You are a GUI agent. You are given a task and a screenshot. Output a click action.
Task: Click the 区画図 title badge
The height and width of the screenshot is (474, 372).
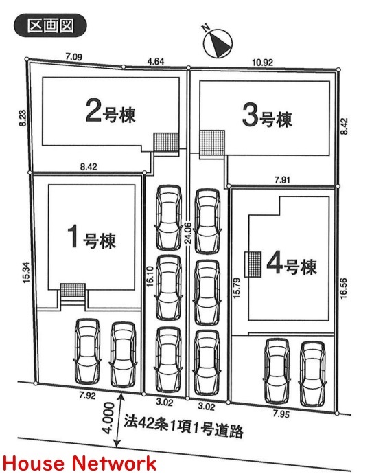pyautogui.click(x=50, y=25)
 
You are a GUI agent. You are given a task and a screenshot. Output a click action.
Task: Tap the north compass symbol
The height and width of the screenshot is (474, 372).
pyautogui.click(x=218, y=43)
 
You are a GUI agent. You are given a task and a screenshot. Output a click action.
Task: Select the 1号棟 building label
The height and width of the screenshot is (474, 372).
pyautogui.click(x=91, y=237)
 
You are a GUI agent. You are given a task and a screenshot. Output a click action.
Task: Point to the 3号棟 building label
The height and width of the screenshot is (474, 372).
pyautogui.click(x=268, y=116)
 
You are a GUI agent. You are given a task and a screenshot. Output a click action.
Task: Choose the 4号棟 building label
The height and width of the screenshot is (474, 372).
pyautogui.click(x=292, y=264)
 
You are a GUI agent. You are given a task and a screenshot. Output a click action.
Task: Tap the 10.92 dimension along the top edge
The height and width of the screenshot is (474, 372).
pyautogui.click(x=262, y=63)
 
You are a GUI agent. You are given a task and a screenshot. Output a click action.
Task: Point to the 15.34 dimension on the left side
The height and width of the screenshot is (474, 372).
pyautogui.click(x=26, y=272)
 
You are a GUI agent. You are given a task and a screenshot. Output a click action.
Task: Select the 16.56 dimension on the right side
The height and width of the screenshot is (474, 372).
pyautogui.click(x=344, y=289)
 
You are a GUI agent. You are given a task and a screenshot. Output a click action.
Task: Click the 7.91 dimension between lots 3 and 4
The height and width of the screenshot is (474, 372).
pyautogui.click(x=282, y=180)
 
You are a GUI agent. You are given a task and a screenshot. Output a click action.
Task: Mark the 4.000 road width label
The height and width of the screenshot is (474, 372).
pyautogui.click(x=108, y=417)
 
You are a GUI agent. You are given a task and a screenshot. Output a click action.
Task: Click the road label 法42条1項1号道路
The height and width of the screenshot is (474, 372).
pyautogui.click(x=183, y=427)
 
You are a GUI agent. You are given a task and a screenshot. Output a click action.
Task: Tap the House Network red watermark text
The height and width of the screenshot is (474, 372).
pyautogui.click(x=80, y=463)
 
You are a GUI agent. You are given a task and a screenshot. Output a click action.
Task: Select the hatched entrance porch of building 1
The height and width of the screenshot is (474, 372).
pyautogui.click(x=73, y=291)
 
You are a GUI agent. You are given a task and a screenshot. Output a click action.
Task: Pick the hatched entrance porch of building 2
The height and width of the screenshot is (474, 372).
pyautogui.click(x=166, y=142)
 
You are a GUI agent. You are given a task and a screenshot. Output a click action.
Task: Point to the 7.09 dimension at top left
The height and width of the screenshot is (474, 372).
pyautogui.click(x=73, y=57)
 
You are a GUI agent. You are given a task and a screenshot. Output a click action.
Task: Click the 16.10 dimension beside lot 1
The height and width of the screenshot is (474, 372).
pyautogui.click(x=150, y=275)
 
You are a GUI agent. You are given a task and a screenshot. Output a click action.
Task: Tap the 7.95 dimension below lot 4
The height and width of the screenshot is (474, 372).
pyautogui.click(x=281, y=414)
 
